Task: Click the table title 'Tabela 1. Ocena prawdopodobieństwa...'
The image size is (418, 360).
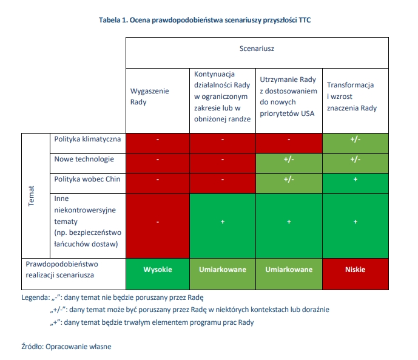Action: pyautogui.click(x=209, y=20)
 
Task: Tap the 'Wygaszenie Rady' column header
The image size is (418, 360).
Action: pyautogui.click(x=150, y=97)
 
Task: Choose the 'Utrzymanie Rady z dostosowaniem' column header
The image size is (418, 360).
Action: pyautogui.click(x=288, y=97)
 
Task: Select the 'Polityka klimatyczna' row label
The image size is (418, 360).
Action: pyautogui.click(x=88, y=139)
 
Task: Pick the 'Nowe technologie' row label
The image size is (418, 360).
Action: pyautogui.click(x=84, y=159)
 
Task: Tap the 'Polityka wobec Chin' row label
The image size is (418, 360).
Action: pyautogui.click(x=87, y=179)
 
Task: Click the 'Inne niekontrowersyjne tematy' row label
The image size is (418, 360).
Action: pyautogui.click(x=89, y=221)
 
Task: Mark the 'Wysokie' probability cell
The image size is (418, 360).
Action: pyautogui.click(x=158, y=270)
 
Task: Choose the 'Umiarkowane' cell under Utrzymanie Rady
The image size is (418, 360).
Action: pyautogui.click(x=289, y=270)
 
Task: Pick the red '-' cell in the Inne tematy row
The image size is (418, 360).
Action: pyautogui.click(x=158, y=222)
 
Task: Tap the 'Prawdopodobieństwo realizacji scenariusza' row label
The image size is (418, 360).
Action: pyautogui.click(x=64, y=270)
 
